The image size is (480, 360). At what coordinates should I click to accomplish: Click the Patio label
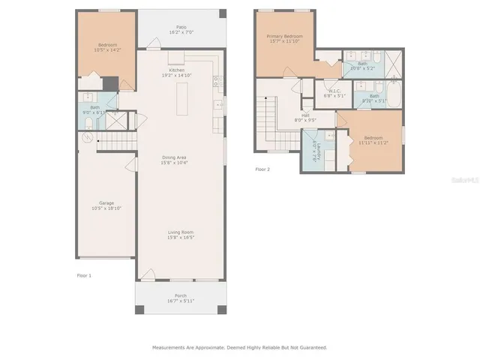click(181, 26)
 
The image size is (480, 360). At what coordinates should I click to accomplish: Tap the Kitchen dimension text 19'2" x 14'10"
click(176, 76)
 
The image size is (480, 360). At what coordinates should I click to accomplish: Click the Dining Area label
click(176, 157)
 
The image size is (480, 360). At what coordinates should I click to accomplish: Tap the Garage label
click(106, 203)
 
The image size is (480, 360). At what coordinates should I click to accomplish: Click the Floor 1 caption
click(84, 276)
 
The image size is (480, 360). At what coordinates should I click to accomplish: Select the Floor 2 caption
click(262, 169)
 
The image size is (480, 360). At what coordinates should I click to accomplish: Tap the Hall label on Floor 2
click(305, 115)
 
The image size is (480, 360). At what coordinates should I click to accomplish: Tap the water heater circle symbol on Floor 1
click(87, 137)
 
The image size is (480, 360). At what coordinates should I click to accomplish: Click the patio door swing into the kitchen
click(154, 44)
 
